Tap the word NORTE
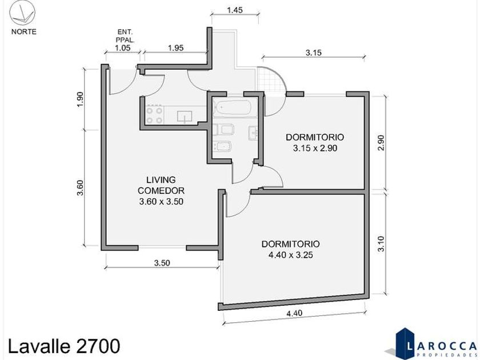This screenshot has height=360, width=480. pyautogui.click(x=24, y=32)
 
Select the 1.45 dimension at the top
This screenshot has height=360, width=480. pyautogui.click(x=235, y=10)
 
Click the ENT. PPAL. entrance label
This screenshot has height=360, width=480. pyautogui.click(x=125, y=35)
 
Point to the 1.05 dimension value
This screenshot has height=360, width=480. pyautogui.click(x=122, y=48)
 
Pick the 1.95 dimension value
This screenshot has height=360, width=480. pyautogui.click(x=176, y=48)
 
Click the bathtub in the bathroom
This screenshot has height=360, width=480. pyautogui.click(x=234, y=107)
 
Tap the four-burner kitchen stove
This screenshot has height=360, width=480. pyautogui.click(x=154, y=115)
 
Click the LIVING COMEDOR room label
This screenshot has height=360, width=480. pyautogui.click(x=161, y=185)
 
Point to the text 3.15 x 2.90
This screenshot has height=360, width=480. pyautogui.click(x=315, y=148)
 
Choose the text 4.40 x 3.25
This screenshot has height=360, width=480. pyautogui.click(x=290, y=255)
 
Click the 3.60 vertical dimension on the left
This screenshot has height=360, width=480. pyautogui.click(x=80, y=187)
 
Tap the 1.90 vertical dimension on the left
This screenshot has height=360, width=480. pyautogui.click(x=80, y=99)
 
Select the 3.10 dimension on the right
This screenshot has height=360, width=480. pyautogui.click(x=381, y=243)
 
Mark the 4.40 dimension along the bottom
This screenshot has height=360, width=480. pyautogui.click(x=294, y=313)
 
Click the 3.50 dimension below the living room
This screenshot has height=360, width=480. pyautogui.click(x=162, y=263)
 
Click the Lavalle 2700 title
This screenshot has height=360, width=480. pyautogui.click(x=63, y=346)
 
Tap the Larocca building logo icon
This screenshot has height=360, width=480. pyautogui.click(x=404, y=343)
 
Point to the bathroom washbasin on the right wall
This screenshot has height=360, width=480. pyautogui.click(x=253, y=133)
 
